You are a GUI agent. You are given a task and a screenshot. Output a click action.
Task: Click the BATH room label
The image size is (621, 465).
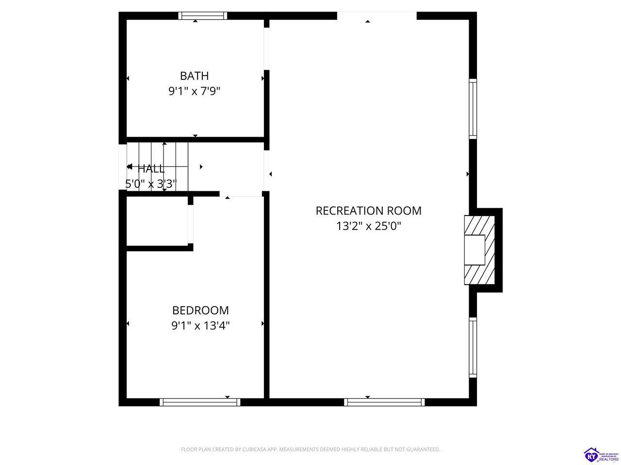point(194,76)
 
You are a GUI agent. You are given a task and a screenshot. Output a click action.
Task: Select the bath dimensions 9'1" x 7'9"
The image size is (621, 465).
point(194,91)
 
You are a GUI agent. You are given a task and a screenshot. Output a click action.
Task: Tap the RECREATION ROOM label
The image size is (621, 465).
point(368,211)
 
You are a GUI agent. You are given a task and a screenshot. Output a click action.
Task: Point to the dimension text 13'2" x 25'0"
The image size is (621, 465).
point(368,226)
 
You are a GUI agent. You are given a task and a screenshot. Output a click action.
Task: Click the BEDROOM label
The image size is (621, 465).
point(200,310)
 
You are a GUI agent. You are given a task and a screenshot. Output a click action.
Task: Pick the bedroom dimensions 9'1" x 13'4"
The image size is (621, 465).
point(200,325)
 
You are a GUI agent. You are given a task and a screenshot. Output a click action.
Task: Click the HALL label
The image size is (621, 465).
point(151,169)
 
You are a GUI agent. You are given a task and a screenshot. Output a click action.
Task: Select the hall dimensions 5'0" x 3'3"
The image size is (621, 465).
point(150,184)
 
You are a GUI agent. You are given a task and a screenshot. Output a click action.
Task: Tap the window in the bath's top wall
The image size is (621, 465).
point(203,15)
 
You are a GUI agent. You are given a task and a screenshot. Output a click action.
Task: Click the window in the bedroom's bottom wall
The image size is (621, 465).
point(200,402)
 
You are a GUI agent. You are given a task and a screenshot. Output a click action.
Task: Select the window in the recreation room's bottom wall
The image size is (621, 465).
point(384,402)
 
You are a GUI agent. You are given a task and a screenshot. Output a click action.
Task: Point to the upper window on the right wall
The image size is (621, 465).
point(473,109)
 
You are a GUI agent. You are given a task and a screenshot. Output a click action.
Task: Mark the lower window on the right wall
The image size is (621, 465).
point(473,347)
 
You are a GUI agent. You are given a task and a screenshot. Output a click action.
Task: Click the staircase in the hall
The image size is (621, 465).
point(158,166)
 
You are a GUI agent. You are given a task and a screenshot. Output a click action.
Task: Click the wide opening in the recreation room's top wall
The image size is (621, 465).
point(376,15)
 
